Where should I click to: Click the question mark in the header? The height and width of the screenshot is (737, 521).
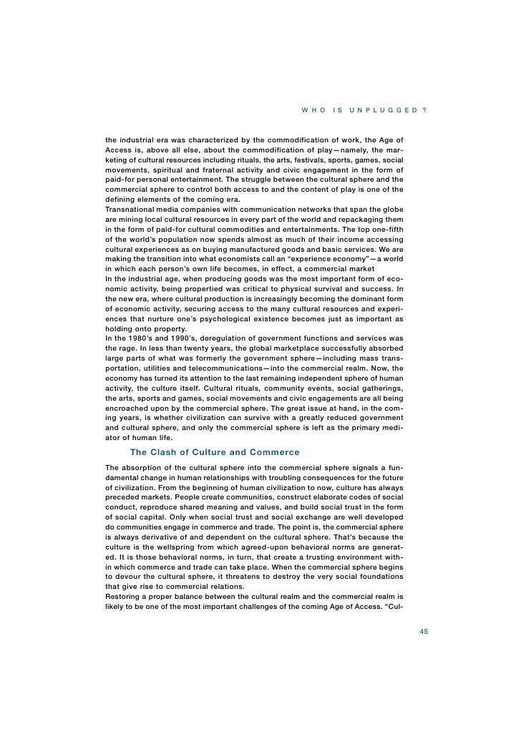tap(426, 109)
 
